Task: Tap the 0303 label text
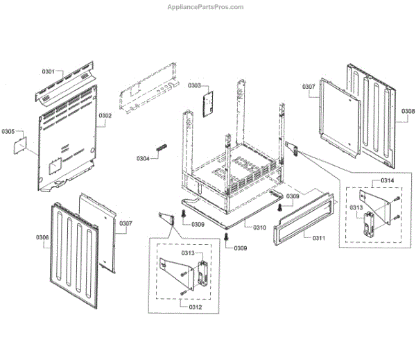pos(194,85)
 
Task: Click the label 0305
pos(8,130)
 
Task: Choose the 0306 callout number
pos(42,238)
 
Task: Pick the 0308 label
pos(408,111)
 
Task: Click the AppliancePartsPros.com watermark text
pos(206,7)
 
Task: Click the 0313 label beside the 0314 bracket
pos(356,208)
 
